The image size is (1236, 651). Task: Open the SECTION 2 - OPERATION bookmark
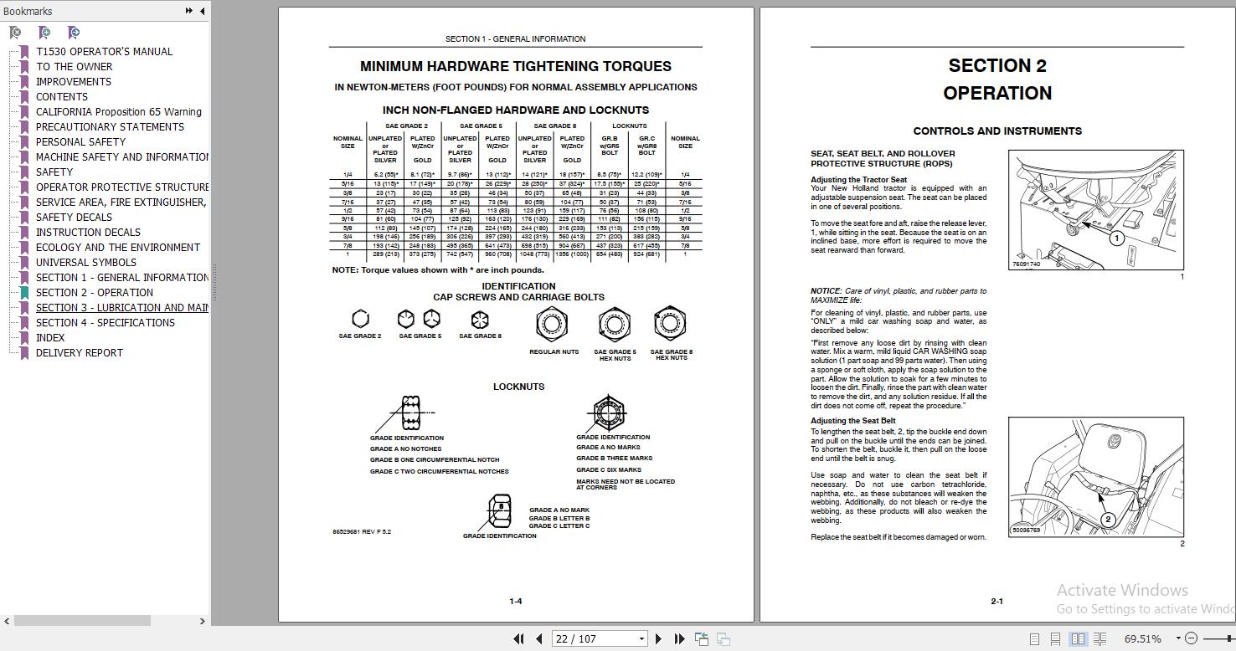click(x=94, y=293)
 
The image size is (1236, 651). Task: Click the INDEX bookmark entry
click(x=50, y=338)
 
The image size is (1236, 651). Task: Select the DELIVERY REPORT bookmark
click(x=79, y=353)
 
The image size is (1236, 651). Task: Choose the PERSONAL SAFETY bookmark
click(x=80, y=142)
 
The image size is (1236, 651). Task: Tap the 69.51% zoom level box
click(x=1142, y=638)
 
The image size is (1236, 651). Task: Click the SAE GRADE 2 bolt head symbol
click(x=360, y=319)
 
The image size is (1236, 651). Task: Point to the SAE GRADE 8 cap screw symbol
click(x=480, y=319)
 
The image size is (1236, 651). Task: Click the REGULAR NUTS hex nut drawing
click(x=553, y=324)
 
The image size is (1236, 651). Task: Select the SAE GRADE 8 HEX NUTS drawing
click(x=670, y=324)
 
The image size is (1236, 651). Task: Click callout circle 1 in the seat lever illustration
click(x=1116, y=238)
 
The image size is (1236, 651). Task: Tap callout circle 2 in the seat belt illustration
click(x=1108, y=520)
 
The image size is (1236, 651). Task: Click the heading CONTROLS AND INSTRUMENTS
click(x=997, y=131)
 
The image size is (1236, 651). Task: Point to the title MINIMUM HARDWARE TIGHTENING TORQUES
click(x=515, y=66)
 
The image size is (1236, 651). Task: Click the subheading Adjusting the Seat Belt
click(x=852, y=421)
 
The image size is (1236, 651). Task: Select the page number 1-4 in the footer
click(x=516, y=602)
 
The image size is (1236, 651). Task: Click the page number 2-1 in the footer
click(x=997, y=602)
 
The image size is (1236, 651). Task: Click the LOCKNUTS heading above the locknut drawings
click(x=518, y=387)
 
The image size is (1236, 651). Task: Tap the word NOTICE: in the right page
click(x=826, y=291)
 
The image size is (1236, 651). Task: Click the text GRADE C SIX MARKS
click(x=609, y=470)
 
